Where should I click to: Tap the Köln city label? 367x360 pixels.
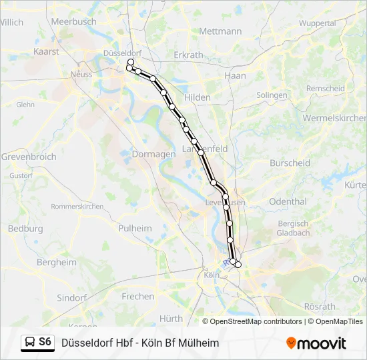point(212,275)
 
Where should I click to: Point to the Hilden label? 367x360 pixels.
point(198,97)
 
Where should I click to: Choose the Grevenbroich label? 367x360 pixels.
point(28,157)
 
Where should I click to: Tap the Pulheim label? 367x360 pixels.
point(135,228)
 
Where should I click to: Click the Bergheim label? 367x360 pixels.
point(57,262)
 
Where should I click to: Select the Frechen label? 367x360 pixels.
point(138,296)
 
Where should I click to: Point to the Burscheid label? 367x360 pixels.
point(290,163)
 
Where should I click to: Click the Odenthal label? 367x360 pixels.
point(288,201)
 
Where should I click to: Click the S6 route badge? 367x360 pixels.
point(45,342)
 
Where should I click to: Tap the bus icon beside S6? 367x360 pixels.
point(29,343)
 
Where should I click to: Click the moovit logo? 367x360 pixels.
point(316,343)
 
